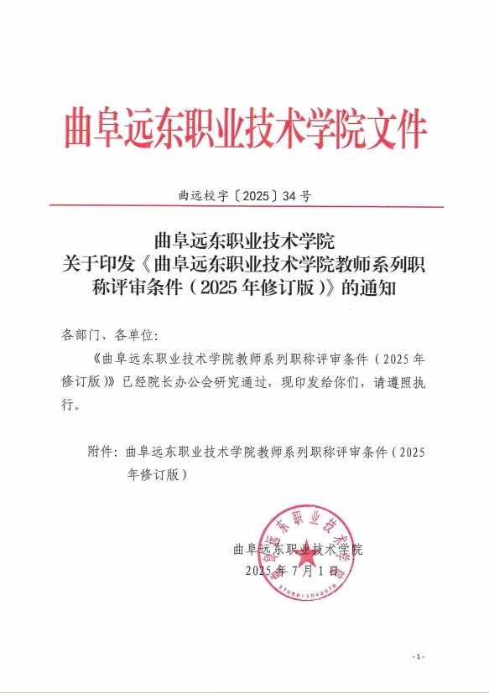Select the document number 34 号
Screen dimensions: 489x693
[298, 197]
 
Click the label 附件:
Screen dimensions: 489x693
[104, 452]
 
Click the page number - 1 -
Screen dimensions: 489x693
[419, 655]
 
